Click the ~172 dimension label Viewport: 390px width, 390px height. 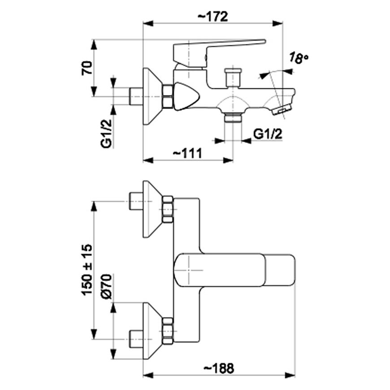213,17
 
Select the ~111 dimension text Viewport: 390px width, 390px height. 188,153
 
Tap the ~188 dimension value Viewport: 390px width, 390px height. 218,368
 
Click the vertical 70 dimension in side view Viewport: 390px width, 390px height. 88,68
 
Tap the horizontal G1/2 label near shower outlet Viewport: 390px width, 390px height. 268,134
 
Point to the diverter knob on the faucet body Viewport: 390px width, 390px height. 233,77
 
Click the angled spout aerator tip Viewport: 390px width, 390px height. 282,110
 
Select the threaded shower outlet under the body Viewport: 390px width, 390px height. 233,118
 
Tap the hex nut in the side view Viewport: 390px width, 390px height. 168,96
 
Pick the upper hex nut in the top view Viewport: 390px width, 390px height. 168,209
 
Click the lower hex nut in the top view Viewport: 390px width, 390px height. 168,331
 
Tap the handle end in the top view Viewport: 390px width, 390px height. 281,270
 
